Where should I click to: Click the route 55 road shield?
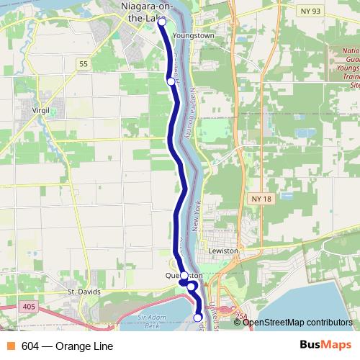coord(84,64)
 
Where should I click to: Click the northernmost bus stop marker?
coord(161,22)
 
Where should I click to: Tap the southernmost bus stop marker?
coord(198,317)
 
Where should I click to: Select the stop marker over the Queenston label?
coord(184,276)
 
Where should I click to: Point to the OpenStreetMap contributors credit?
coord(297,322)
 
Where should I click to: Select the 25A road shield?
coord(240,315)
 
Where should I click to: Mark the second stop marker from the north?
coord(171,81)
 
